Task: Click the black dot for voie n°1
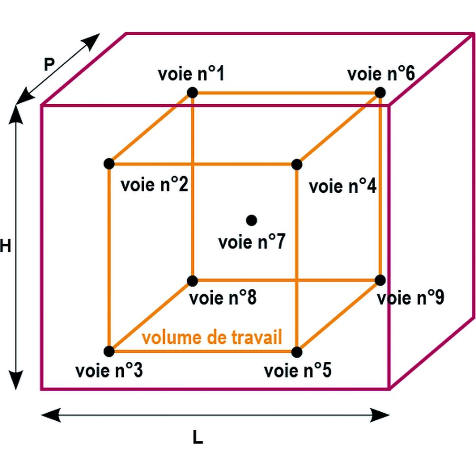coord(192,92)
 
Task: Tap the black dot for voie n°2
coord(109,164)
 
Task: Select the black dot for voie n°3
coord(109,351)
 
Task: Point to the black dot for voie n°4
coord(297,164)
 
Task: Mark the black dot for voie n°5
coord(297,352)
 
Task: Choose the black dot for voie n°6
coord(380,92)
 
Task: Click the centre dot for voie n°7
coord(251,220)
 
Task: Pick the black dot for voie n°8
coord(192,280)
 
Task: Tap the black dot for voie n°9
coord(380,280)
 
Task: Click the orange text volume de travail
coord(212,337)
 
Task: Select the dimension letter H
coord(5,246)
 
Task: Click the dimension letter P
coord(49,64)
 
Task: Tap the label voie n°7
coord(251,242)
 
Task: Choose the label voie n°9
coord(410,298)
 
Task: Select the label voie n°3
coord(109,370)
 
